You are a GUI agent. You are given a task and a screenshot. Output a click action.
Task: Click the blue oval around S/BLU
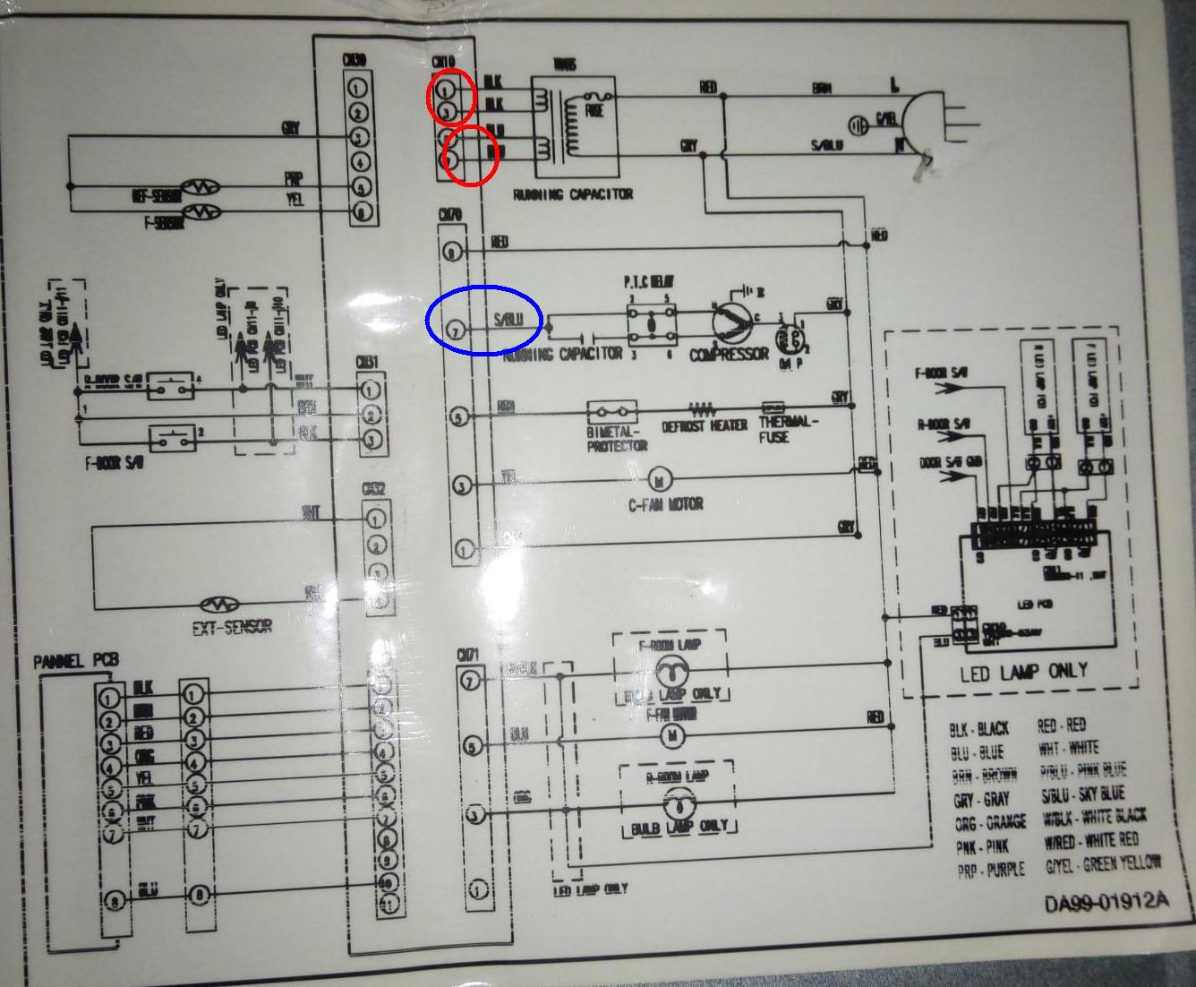(x=484, y=320)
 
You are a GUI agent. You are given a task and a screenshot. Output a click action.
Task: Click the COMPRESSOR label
(x=729, y=354)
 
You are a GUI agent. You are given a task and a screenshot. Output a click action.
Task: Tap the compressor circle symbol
(x=733, y=320)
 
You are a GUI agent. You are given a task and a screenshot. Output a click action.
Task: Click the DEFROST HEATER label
(x=705, y=426)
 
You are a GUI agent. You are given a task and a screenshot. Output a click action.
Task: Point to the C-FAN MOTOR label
(x=665, y=504)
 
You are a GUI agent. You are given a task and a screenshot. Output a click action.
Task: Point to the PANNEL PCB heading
(x=76, y=661)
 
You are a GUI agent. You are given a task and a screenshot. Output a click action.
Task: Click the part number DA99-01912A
(x=1106, y=902)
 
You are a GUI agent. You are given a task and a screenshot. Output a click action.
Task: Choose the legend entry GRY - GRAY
(x=981, y=800)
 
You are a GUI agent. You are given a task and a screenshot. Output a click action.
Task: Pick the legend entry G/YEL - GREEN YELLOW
(x=1103, y=865)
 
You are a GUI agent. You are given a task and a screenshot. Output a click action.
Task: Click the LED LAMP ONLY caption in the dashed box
(x=1023, y=671)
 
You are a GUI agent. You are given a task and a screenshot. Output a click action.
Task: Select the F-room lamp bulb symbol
(x=668, y=667)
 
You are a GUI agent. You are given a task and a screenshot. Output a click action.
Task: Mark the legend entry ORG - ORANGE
(x=989, y=823)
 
